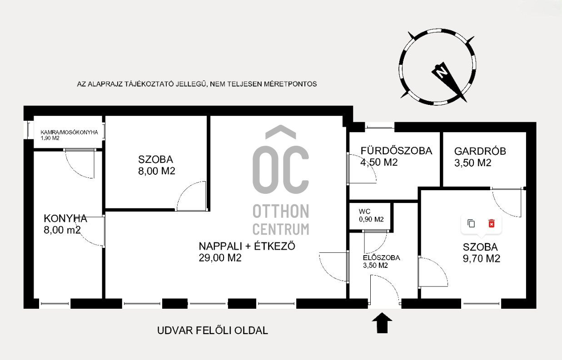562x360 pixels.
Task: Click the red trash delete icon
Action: [492, 223]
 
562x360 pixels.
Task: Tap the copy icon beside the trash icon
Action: [471, 223]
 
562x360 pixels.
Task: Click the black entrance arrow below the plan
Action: [382, 323]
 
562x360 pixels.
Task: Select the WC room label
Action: [364, 212]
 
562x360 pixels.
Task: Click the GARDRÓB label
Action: [480, 151]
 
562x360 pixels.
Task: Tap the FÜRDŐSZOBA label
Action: [397, 151]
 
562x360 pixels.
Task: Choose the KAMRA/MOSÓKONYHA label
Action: [69, 132]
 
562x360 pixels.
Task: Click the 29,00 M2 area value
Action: [220, 258]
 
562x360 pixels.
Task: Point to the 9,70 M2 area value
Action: [482, 258]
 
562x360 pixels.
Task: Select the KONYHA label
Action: [65, 219]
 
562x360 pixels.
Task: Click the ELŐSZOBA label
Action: [381, 258]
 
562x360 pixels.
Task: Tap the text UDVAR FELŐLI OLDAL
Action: [213, 330]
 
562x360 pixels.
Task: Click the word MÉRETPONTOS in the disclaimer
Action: [290, 84]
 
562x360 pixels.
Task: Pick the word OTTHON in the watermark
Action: [281, 211]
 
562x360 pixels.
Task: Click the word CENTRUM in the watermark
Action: [281, 229]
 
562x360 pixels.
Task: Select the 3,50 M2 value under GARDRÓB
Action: [472, 163]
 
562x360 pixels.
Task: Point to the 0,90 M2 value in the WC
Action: [371, 219]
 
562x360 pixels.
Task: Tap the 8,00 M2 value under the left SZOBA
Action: [157, 171]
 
